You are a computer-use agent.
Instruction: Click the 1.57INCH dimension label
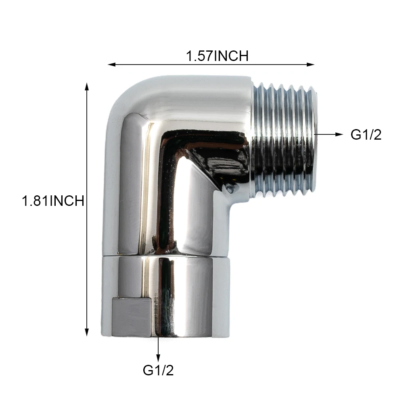[x=217, y=56]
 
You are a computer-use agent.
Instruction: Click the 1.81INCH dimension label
[x=53, y=201]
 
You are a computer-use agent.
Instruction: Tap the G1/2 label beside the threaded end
[x=366, y=135]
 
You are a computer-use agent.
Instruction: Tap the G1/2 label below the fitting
[x=158, y=370]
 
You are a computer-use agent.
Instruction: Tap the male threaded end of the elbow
[x=285, y=139]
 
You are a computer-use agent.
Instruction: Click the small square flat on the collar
[x=132, y=317]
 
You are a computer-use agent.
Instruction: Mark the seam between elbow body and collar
[x=165, y=255]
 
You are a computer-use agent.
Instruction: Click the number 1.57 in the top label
[x=199, y=56]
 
